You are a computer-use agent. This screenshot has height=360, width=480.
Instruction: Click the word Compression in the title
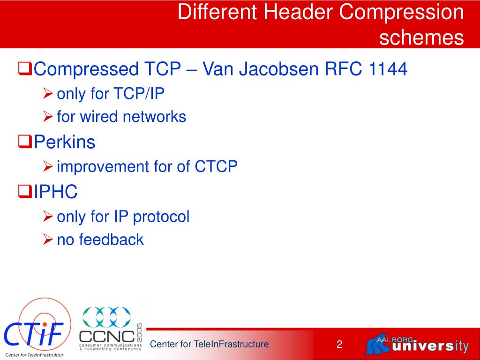click(401, 13)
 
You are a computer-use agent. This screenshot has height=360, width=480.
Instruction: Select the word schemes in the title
click(421, 37)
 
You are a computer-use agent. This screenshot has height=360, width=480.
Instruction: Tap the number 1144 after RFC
click(389, 69)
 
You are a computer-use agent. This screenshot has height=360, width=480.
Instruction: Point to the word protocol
click(161, 217)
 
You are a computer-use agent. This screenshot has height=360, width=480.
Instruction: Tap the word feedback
click(111, 240)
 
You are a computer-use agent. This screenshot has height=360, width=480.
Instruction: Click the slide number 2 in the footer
click(339, 345)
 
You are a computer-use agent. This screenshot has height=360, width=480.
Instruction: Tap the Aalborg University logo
click(417, 345)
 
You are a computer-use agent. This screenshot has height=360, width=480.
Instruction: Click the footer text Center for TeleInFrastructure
click(209, 345)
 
